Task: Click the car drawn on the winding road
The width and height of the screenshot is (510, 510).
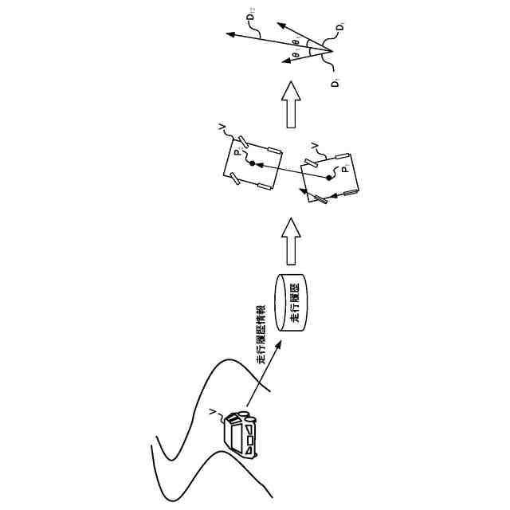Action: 242,434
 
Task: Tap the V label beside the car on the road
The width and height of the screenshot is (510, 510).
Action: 211,412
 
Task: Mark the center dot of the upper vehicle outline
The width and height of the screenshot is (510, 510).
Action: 252,163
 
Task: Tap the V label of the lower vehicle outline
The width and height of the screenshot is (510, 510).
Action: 313,144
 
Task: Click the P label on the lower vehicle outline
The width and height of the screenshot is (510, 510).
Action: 345,169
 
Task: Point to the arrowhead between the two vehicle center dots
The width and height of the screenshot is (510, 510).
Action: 261,166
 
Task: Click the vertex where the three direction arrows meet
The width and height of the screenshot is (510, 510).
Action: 330,52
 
